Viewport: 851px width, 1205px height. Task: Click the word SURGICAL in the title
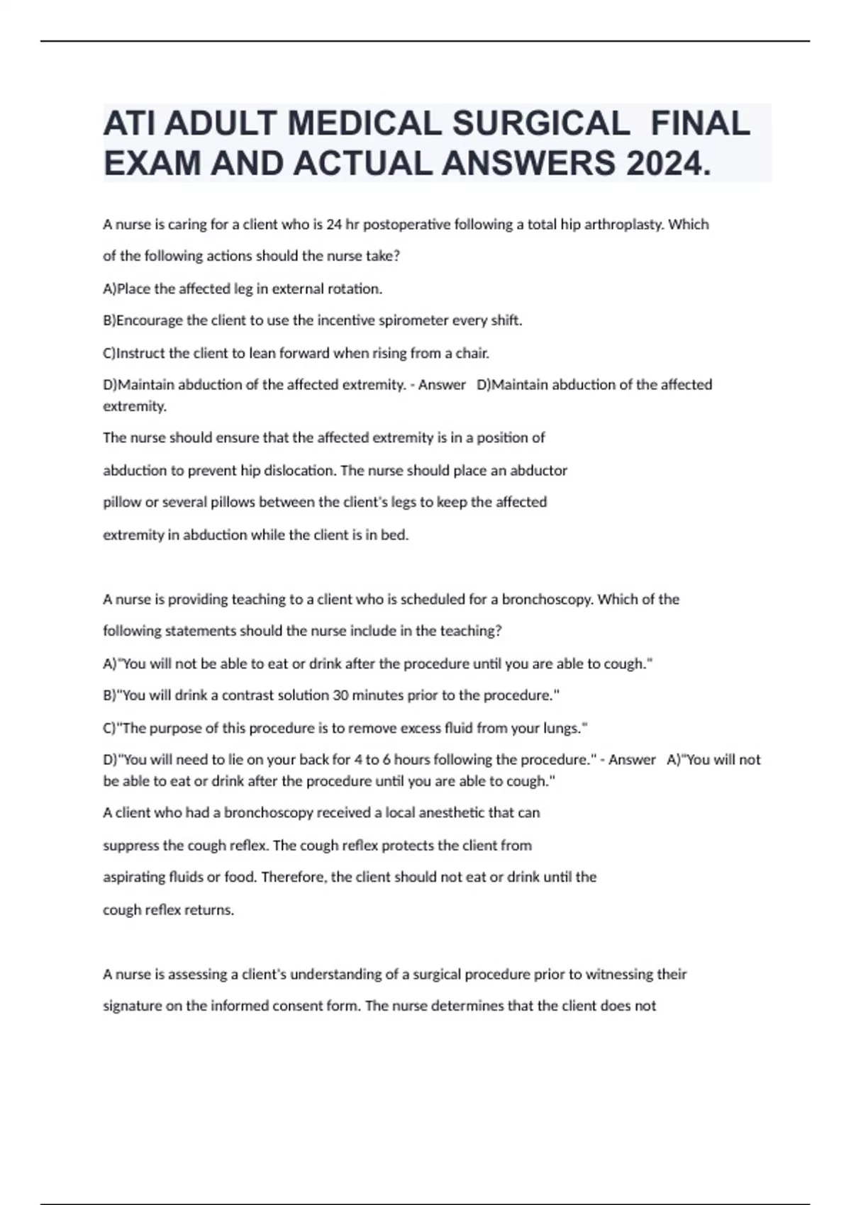coord(541,124)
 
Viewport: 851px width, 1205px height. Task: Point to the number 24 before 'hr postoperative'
coord(333,225)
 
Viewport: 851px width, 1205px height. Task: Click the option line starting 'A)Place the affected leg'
coord(243,288)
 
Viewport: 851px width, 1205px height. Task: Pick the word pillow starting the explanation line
coord(122,503)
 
